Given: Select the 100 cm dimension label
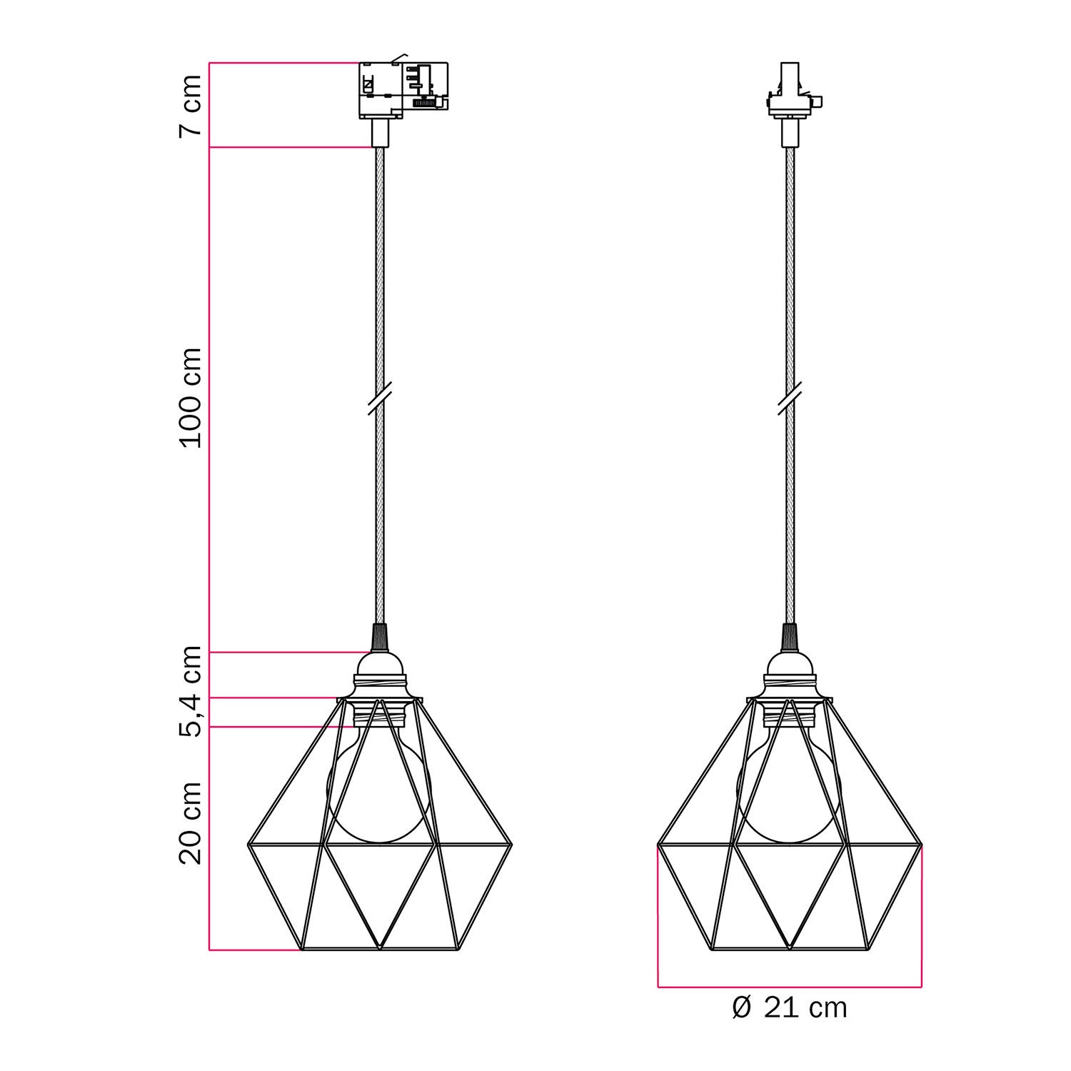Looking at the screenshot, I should point(190,398).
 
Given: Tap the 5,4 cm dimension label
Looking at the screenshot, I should point(190,690).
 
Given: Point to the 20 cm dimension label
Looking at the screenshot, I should point(190,823).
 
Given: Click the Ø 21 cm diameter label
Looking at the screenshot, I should point(790,1008).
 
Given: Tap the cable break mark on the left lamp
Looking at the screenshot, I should point(380,398).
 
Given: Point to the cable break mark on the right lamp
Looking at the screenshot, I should point(790,398).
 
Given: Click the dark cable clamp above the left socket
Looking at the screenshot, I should point(380,637).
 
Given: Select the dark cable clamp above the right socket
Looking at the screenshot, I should point(790,637).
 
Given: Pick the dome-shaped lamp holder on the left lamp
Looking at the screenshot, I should point(380,675).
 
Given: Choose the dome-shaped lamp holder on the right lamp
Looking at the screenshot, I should point(790,675).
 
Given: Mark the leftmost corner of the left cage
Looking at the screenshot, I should point(248,845).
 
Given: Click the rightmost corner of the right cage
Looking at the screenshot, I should point(921,845).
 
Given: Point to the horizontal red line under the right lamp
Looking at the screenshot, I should point(790,987).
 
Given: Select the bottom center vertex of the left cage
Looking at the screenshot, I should point(380,949).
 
